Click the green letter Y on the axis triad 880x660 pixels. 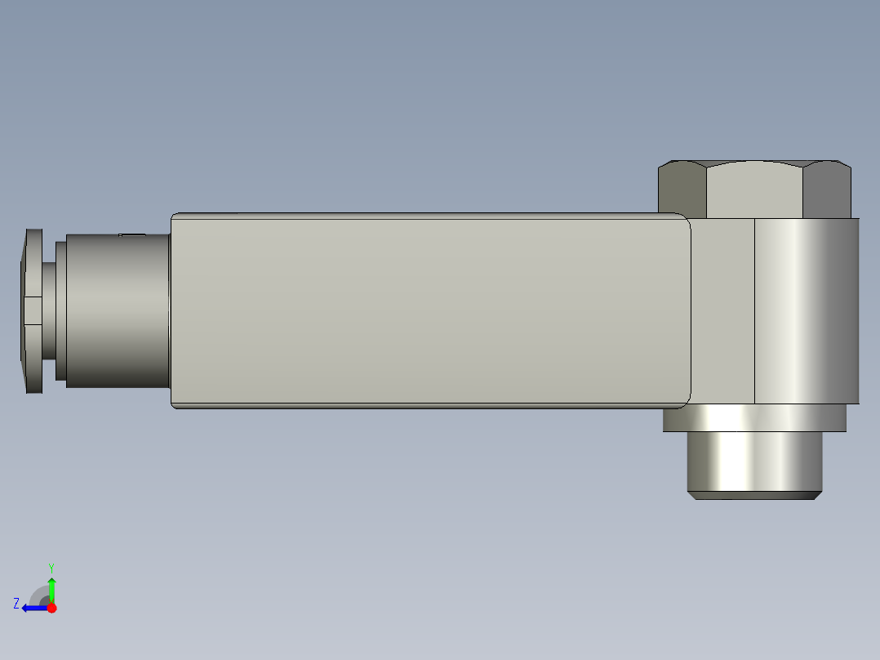(x=51, y=566)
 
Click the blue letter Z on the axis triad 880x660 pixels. (x=16, y=603)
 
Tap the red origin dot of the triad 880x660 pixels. (x=52, y=608)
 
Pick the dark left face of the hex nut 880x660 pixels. (x=682, y=192)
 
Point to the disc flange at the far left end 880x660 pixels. (x=33, y=310)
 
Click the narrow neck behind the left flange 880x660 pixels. (x=49, y=310)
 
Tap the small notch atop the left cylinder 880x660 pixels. (x=131, y=235)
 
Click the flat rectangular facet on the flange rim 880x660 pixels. (x=32, y=310)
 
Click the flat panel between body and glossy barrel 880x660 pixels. (x=723, y=310)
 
